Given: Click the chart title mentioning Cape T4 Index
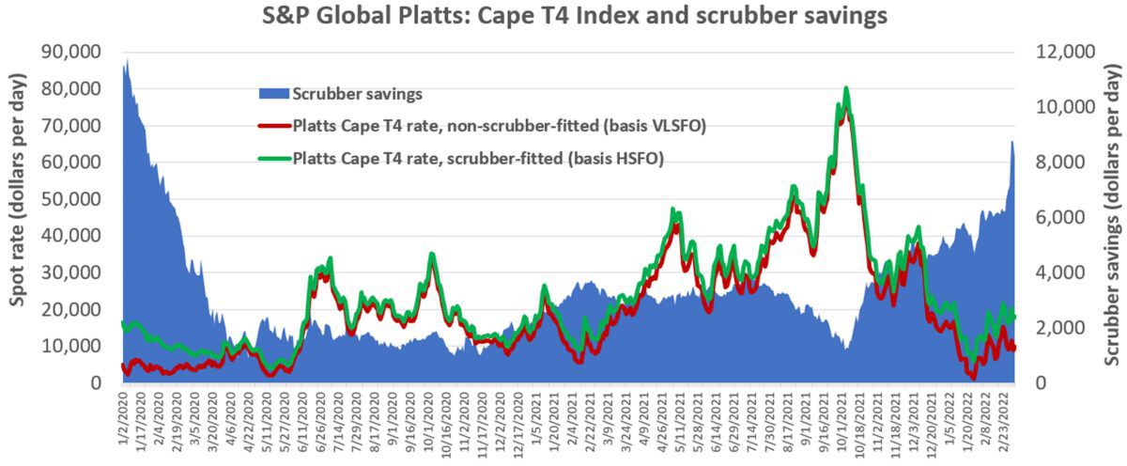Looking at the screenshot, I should pyautogui.click(x=563, y=16).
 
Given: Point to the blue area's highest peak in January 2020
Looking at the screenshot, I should pyautogui.click(x=127, y=60).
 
